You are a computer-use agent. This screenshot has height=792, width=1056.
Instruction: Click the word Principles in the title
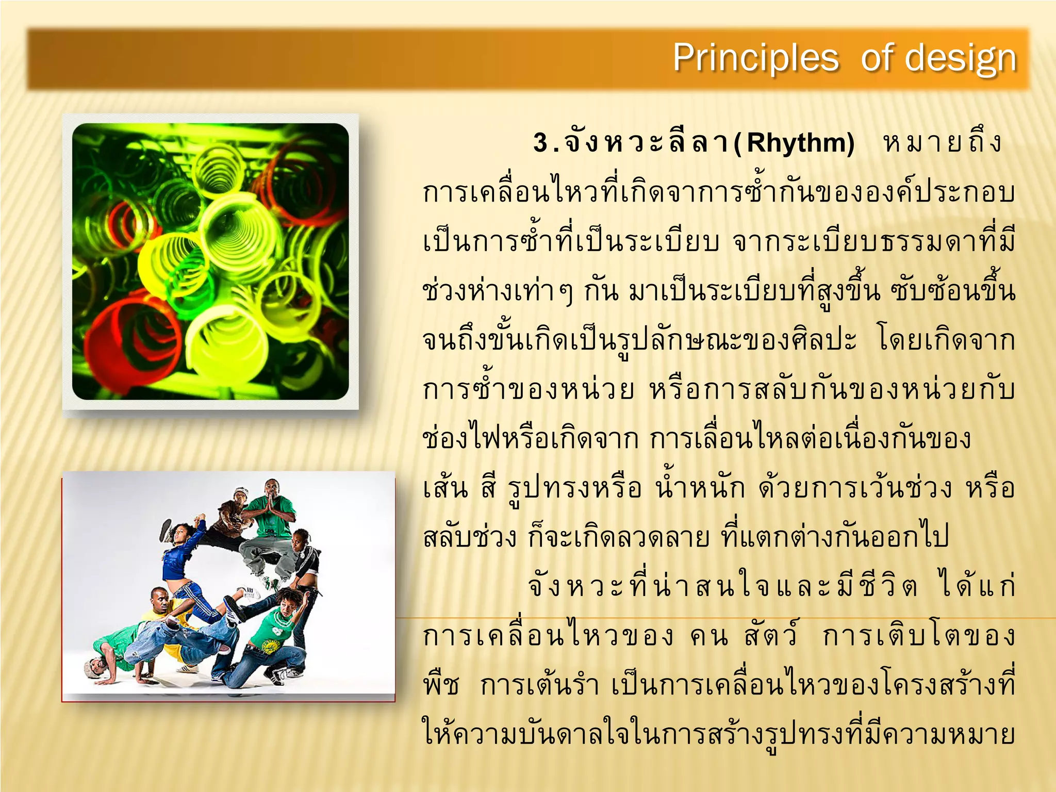[x=755, y=58]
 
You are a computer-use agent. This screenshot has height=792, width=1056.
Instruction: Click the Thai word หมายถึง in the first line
[x=943, y=143]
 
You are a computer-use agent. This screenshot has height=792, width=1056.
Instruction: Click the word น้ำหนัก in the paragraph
[x=700, y=487]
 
